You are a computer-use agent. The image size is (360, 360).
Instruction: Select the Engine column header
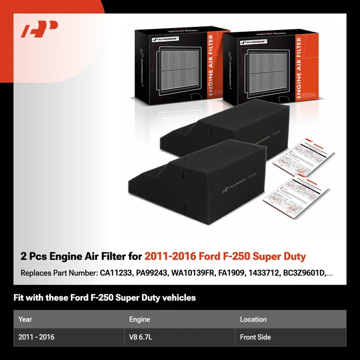click(139, 319)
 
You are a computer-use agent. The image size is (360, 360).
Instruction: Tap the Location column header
click(253, 319)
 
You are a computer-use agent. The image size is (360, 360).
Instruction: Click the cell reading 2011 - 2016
click(37, 337)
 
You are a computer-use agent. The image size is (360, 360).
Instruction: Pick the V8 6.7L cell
click(142, 337)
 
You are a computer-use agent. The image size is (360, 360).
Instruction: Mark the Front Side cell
click(256, 337)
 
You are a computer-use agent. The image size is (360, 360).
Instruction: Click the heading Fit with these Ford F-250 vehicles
click(104, 298)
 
